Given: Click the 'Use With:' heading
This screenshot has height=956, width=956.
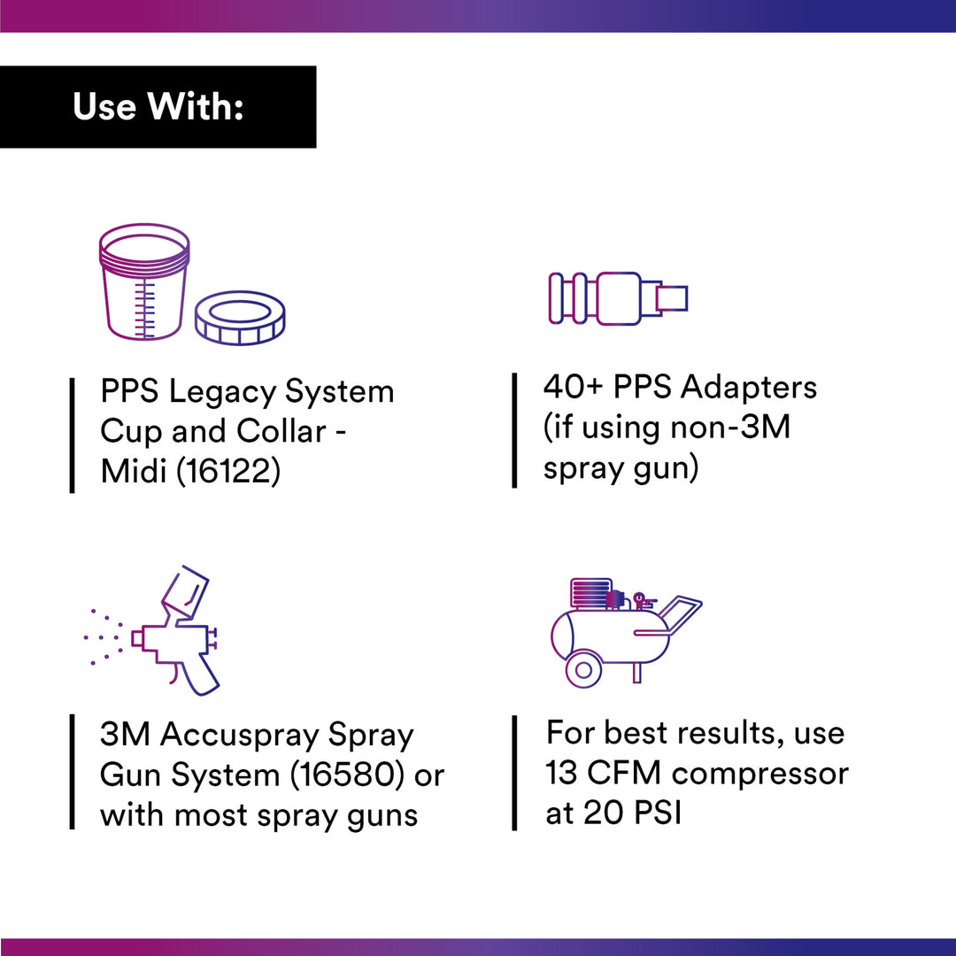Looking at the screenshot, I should (158, 107).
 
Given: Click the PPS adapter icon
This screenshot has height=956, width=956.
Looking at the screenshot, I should (618, 298).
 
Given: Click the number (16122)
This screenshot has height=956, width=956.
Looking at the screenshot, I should (228, 471).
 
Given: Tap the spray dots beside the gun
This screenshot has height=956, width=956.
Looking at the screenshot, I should (104, 636).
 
